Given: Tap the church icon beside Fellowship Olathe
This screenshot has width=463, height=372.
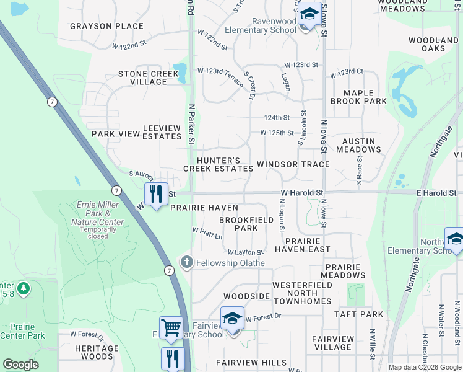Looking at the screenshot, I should pyautogui.click(x=186, y=263).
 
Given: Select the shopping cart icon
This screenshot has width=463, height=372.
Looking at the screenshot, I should pyautogui.click(x=170, y=327).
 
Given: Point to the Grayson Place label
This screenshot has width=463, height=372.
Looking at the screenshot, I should pyautogui.click(x=106, y=26).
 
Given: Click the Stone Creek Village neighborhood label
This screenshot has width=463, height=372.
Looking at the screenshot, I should pyautogui.click(x=148, y=78).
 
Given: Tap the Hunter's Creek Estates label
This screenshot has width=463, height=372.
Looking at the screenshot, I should pyautogui.click(x=218, y=164).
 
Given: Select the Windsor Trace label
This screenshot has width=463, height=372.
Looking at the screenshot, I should pyautogui.click(x=293, y=164).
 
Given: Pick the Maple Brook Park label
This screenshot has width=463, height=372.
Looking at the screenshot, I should pyautogui.click(x=358, y=97).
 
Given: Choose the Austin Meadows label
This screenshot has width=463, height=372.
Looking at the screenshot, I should pyautogui.click(x=358, y=145).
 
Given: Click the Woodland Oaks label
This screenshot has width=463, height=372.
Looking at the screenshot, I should pyautogui.click(x=434, y=44).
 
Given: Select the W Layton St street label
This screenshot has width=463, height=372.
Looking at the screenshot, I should pyautogui.click(x=245, y=252).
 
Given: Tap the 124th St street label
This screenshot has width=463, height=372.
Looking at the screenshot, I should pyautogui.click(x=277, y=117).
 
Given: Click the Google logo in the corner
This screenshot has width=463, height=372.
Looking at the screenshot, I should pyautogui.click(x=20, y=365).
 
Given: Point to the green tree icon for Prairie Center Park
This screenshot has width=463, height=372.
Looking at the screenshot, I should pyautogui.click(x=24, y=288).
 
